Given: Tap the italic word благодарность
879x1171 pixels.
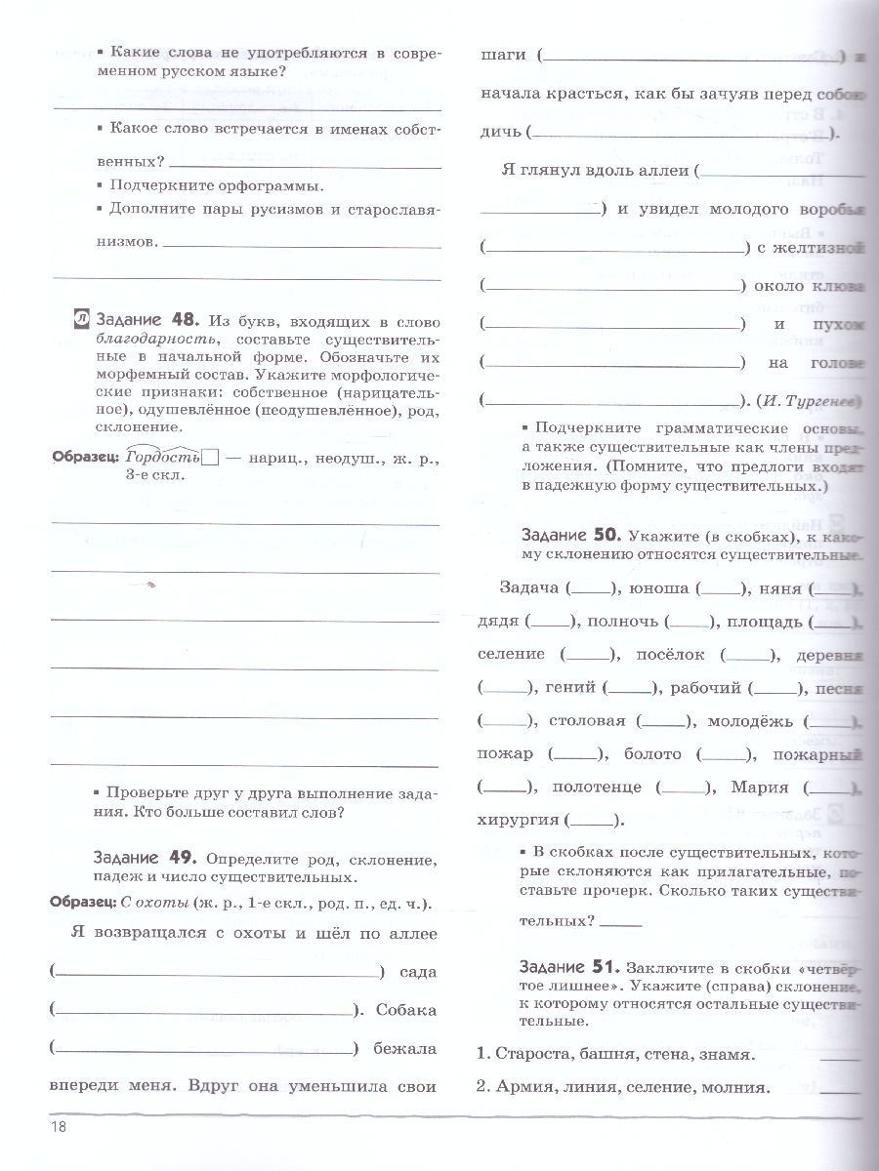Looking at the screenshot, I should pyautogui.click(x=143, y=338).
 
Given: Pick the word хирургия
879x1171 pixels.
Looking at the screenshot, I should pyautogui.click(x=521, y=820).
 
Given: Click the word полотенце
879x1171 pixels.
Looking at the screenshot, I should pyautogui.click(x=597, y=787).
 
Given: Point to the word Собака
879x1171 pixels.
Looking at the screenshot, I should pyautogui.click(x=403, y=1010).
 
